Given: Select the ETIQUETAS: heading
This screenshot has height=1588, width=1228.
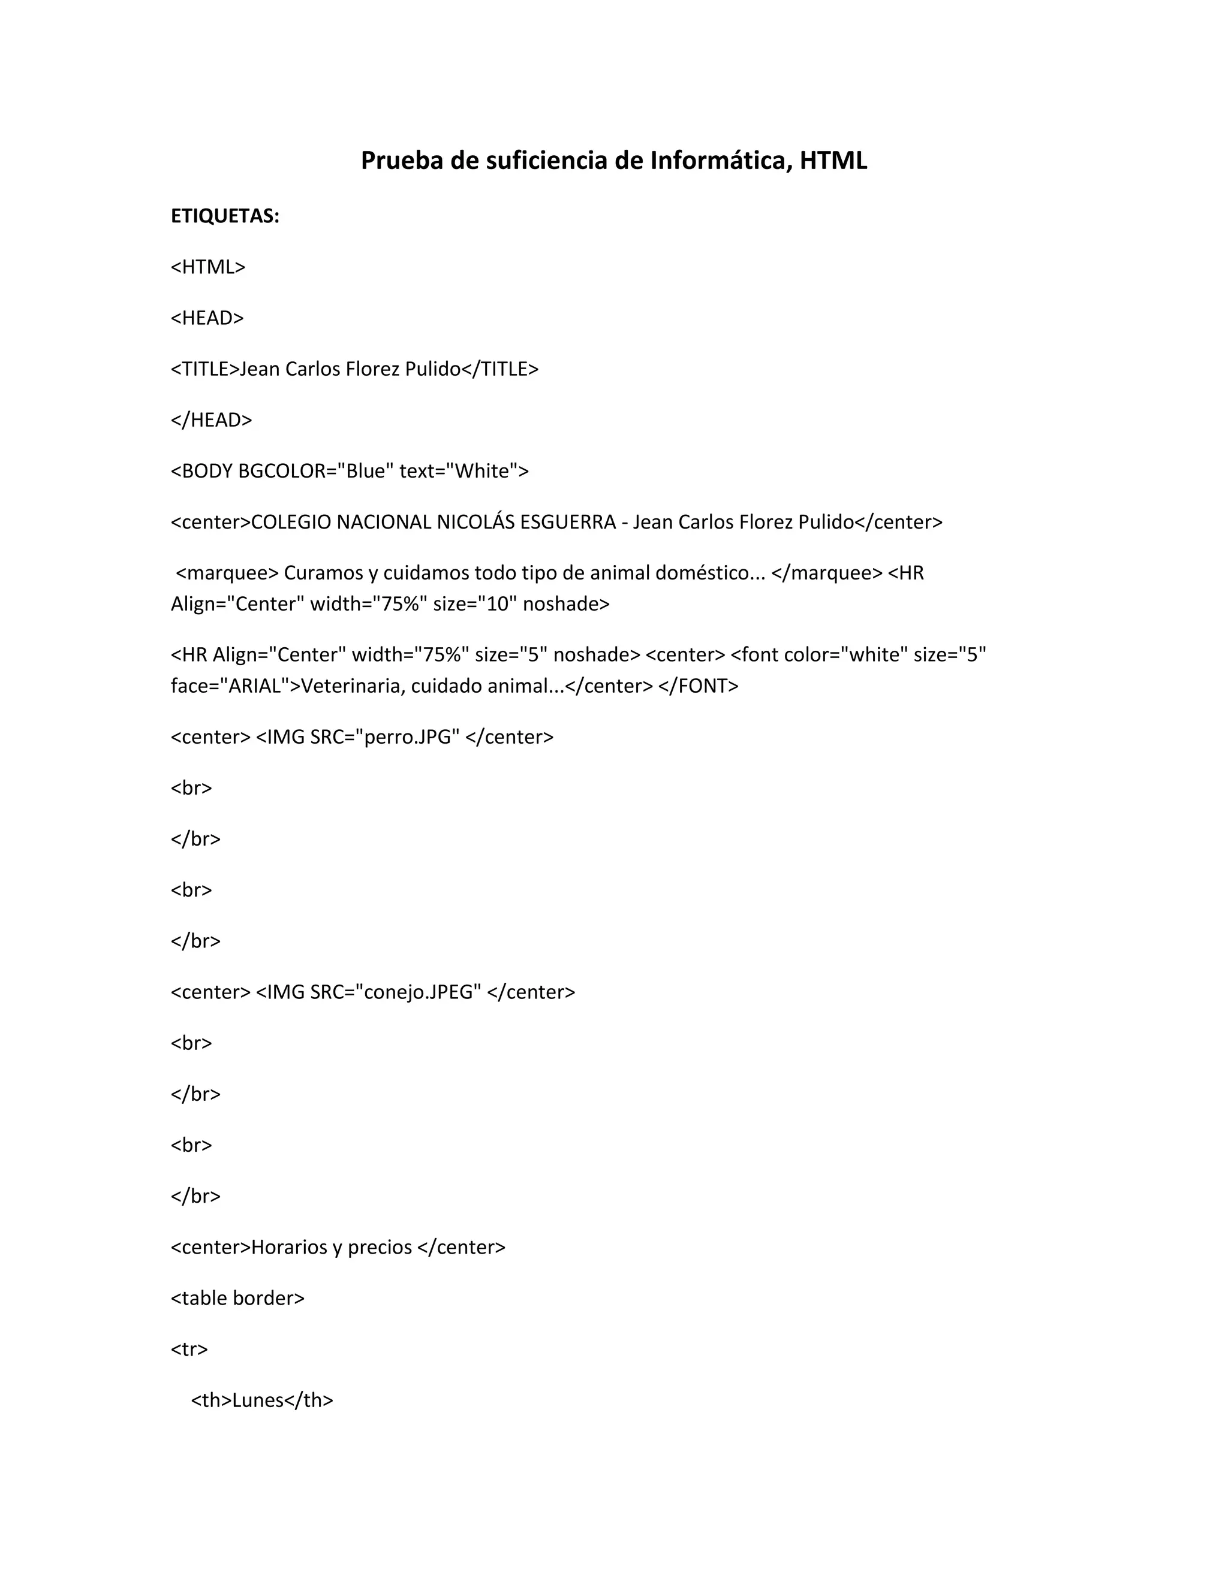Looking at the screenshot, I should pos(225,216).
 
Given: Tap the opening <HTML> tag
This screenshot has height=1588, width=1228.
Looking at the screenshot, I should pos(208,267).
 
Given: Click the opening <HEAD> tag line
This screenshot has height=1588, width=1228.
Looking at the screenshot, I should pos(207,318).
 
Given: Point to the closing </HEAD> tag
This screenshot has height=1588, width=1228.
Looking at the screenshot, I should pos(211,419).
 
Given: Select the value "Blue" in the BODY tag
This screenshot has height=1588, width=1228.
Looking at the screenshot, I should pos(365,471).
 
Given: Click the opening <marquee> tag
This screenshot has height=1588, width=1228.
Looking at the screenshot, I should pos(227,573).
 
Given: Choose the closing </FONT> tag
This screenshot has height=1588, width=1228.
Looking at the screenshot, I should pos(698,686).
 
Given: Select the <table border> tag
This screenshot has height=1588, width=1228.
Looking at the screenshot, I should pos(237,1298).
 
